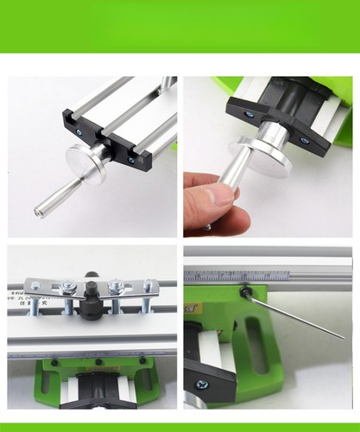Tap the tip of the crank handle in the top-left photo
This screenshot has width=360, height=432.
(x=39, y=210)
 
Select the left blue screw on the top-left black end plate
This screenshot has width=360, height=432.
(x=79, y=131)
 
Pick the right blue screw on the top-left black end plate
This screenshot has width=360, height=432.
(x=131, y=159)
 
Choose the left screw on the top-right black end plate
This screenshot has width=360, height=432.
(x=248, y=113)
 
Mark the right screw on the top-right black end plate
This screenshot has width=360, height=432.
(x=302, y=137)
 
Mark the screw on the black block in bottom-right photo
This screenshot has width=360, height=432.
(x=201, y=384)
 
